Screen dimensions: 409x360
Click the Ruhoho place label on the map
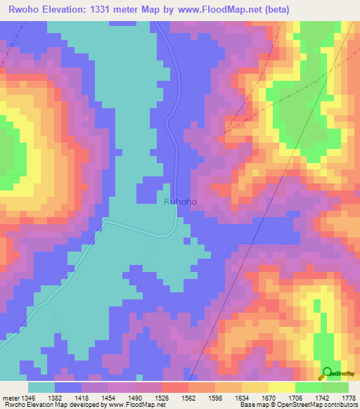(x=180, y=202)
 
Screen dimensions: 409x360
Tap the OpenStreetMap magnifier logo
(x=327, y=372)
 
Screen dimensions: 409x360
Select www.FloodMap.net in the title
(x=216, y=9)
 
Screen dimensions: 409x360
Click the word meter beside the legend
(x=11, y=398)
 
